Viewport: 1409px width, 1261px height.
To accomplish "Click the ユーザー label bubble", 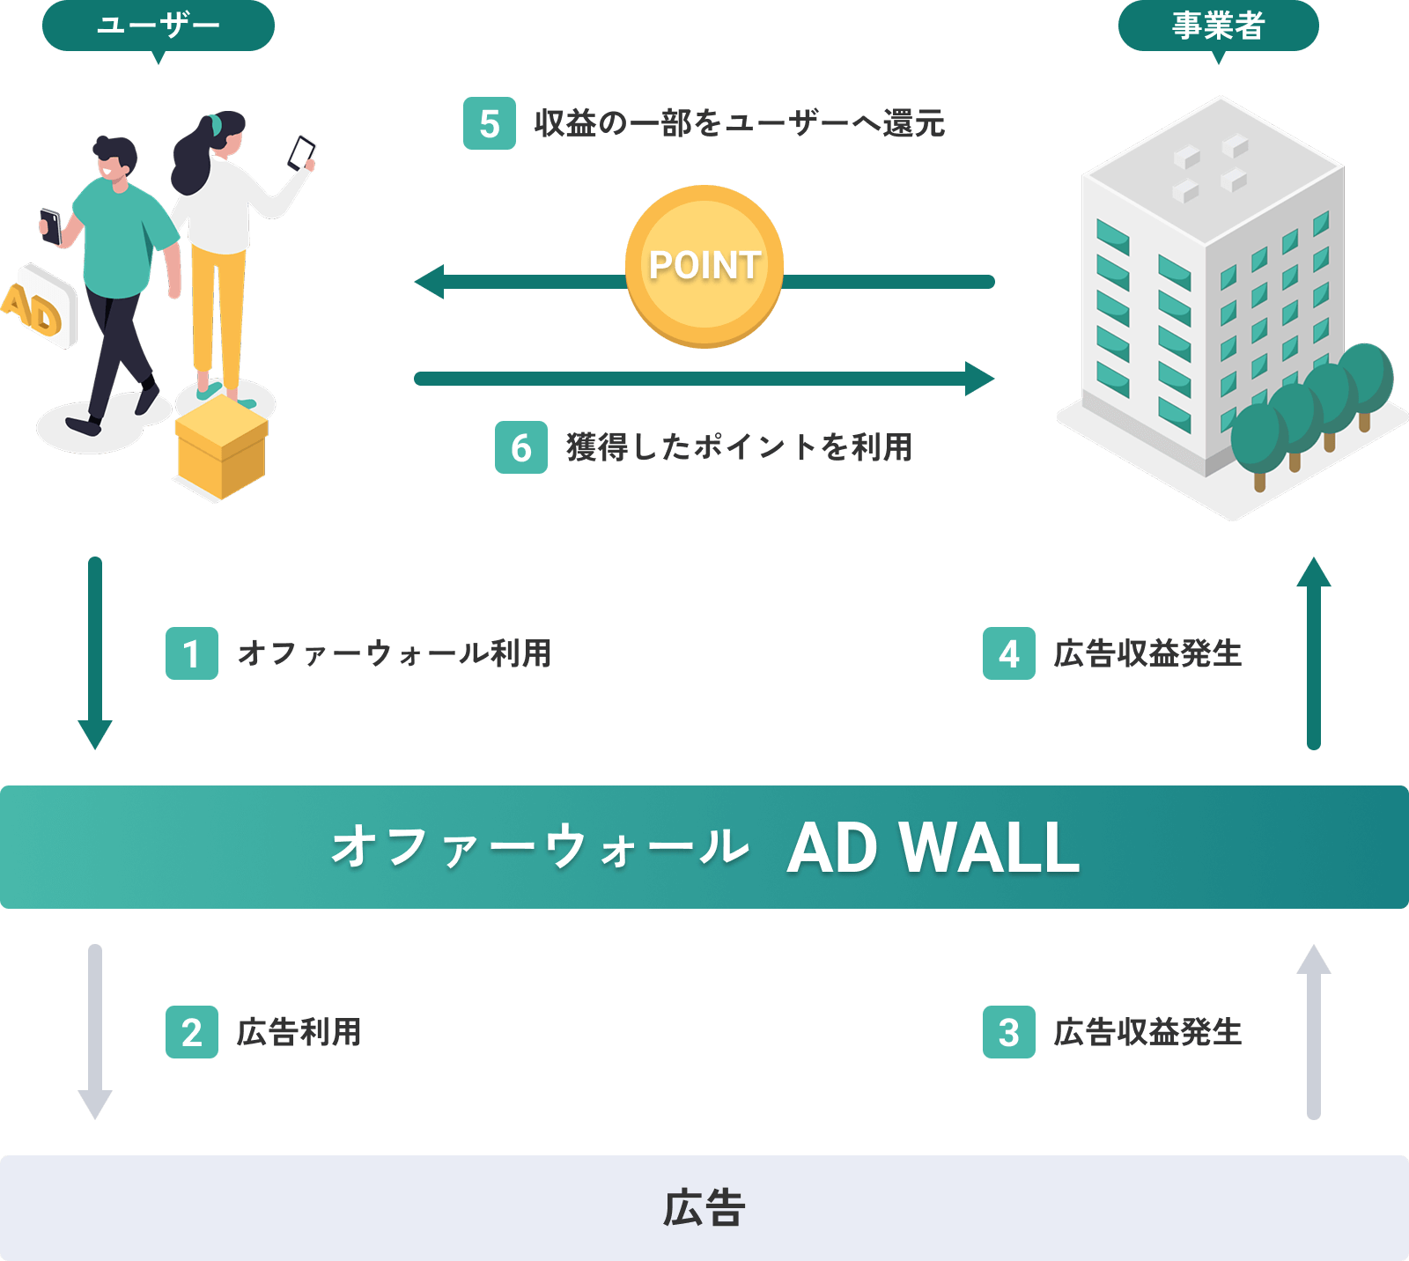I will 159,26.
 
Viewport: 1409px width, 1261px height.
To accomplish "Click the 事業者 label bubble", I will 1218,26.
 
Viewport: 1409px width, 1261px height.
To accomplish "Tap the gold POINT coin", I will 704,265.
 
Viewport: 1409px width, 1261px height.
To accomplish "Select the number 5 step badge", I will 490,124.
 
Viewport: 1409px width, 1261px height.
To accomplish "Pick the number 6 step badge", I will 521,447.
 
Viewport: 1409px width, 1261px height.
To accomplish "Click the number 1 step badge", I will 192,653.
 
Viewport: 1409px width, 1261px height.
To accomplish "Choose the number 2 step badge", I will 192,1032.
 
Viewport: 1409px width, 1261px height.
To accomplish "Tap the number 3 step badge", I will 1009,1032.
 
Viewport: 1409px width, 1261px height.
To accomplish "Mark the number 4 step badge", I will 1009,653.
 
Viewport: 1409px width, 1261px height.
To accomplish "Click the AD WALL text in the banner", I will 933,848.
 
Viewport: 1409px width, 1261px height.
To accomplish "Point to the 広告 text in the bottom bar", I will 704,1208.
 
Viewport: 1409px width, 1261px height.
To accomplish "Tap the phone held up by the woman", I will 302,151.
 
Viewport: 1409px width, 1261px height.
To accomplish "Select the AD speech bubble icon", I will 40,306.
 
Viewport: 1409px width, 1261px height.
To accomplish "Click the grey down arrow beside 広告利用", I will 95,1030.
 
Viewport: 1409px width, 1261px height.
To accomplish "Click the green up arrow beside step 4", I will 1314,653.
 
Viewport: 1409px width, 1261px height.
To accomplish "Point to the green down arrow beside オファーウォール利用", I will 95,653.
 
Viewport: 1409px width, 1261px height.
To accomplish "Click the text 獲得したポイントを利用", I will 739,447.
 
